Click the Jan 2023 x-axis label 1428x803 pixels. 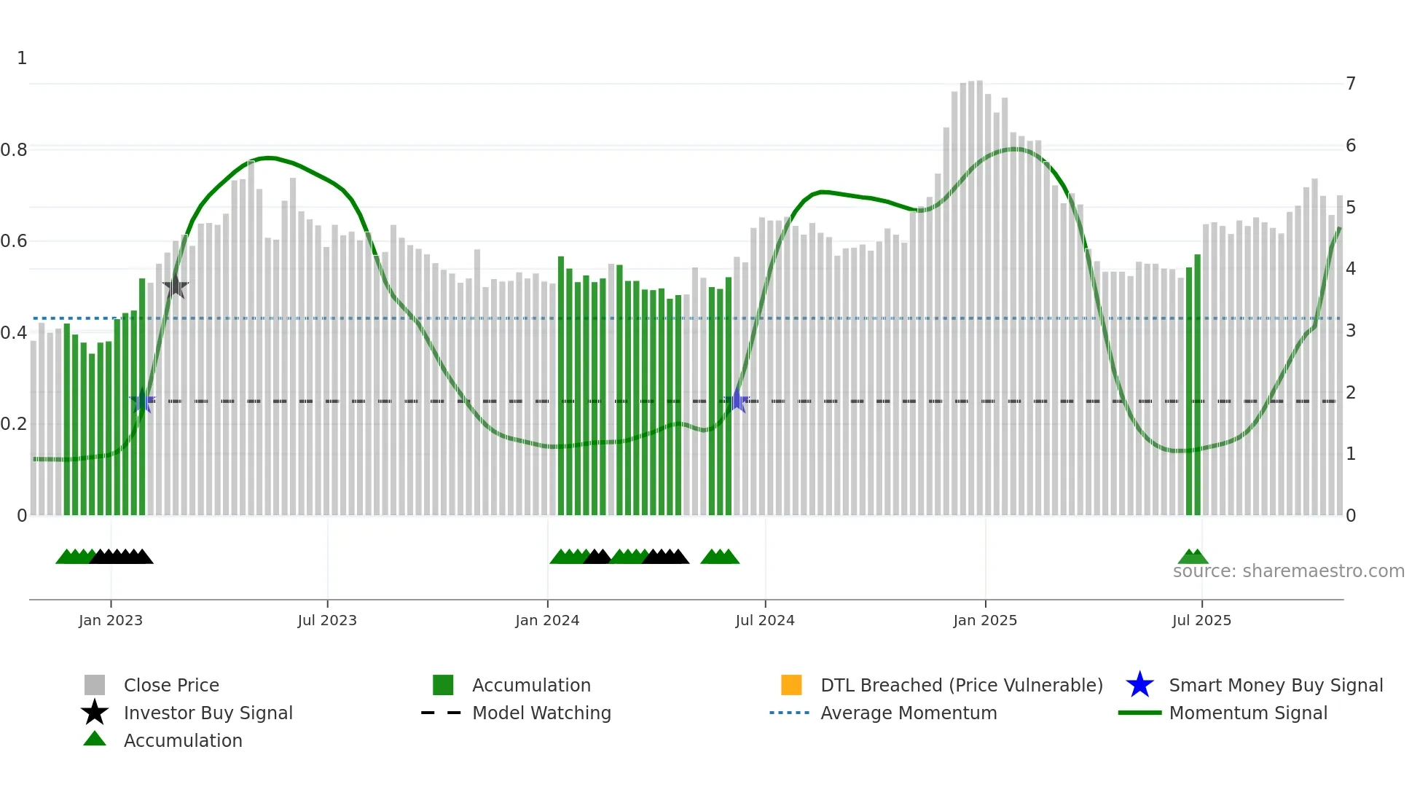click(111, 620)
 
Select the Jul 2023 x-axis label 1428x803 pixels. click(327, 620)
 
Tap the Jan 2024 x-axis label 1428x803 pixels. click(547, 620)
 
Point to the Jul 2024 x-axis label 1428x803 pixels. click(765, 620)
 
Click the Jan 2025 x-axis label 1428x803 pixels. click(985, 620)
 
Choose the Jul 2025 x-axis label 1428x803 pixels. click(1201, 620)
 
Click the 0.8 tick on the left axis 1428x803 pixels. click(14, 150)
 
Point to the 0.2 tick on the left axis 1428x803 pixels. click(14, 424)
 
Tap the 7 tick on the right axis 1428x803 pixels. click(1351, 84)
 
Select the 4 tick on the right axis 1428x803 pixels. click(1351, 269)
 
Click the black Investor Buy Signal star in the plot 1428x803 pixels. click(176, 286)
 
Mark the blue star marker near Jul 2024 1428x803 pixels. click(737, 401)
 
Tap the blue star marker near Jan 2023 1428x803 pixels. click(142, 401)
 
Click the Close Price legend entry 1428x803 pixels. click(171, 685)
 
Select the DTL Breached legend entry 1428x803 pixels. click(961, 685)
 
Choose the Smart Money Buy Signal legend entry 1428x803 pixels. click(1275, 685)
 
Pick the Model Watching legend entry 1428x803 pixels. click(541, 713)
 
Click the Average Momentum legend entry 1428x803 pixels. click(909, 713)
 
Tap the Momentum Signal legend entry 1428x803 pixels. click(1248, 713)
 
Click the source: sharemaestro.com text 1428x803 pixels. click(1288, 571)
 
